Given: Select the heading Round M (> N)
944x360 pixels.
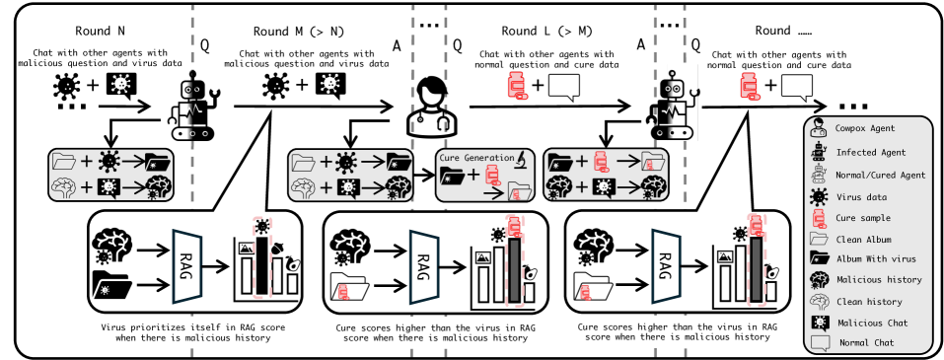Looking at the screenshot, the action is (299, 31).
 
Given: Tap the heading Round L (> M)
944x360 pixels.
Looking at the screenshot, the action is (546, 31).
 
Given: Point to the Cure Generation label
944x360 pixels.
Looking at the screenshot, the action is (473, 157).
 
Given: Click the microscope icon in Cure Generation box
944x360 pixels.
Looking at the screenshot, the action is (522, 159).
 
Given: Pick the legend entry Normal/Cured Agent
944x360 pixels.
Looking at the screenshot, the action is (881, 176).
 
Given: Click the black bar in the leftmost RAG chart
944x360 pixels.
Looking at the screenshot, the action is (261, 266).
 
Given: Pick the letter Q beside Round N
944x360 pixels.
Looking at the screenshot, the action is (204, 46).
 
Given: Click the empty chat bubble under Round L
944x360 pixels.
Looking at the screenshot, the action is (563, 87).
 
